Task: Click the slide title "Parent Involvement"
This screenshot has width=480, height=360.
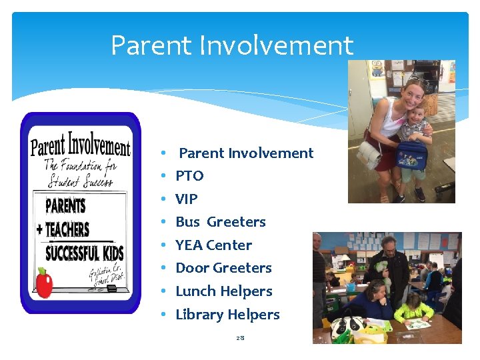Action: tap(231, 45)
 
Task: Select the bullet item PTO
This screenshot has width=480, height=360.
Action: tap(189, 176)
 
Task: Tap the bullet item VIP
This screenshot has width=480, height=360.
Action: tap(186, 199)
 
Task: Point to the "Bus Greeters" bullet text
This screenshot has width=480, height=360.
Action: tap(220, 222)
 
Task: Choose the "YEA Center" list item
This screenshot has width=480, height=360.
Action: tap(213, 245)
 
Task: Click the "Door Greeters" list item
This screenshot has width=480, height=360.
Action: tap(223, 268)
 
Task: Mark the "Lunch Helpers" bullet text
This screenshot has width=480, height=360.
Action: tap(223, 291)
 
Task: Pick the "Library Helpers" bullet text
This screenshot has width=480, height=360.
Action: tap(227, 315)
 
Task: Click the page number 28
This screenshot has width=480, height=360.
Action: tap(240, 338)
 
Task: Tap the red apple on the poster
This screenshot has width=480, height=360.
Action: tap(44, 284)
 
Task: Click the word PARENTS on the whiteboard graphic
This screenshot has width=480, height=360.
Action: tap(65, 204)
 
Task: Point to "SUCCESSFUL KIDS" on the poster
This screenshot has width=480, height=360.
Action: tap(84, 253)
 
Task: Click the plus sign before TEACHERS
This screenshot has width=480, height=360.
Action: tap(39, 230)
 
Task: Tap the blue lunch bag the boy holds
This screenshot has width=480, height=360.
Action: tap(411, 155)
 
